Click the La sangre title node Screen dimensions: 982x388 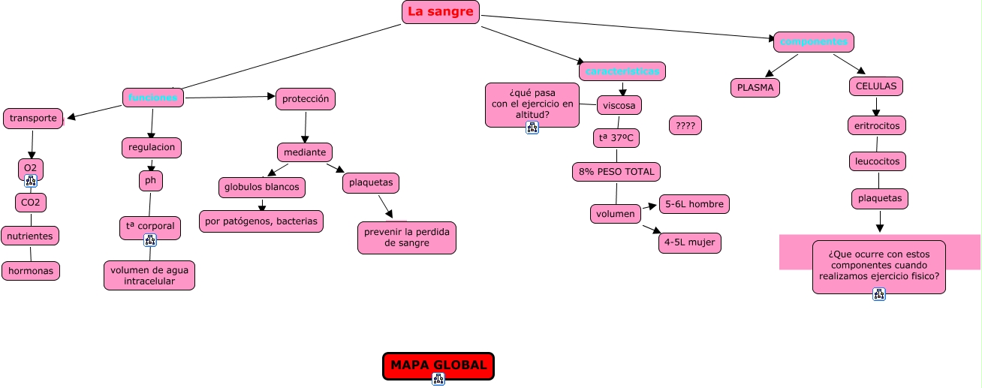point(441,12)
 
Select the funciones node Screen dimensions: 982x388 point(153,98)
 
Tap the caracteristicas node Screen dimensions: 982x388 point(622,71)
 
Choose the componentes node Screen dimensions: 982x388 point(814,42)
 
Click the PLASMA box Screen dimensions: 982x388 point(755,88)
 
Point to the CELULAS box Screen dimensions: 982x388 point(876,86)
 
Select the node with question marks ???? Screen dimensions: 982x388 point(685,126)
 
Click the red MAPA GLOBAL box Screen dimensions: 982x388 point(438,365)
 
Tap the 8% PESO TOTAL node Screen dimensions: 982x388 point(616,172)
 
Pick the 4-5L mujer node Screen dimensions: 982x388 point(690,243)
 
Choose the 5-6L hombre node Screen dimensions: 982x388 point(694,204)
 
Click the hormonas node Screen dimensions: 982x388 point(31,271)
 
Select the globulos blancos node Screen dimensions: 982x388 point(262,188)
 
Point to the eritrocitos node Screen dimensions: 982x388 point(877,126)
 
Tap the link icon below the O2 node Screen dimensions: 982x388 point(31,181)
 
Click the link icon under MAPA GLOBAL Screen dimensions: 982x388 point(438,379)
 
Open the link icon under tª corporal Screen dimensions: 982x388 point(150,240)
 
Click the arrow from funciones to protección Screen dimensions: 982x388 point(230,97)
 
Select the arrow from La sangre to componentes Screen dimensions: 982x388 point(628,27)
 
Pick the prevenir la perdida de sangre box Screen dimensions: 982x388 point(407,238)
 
